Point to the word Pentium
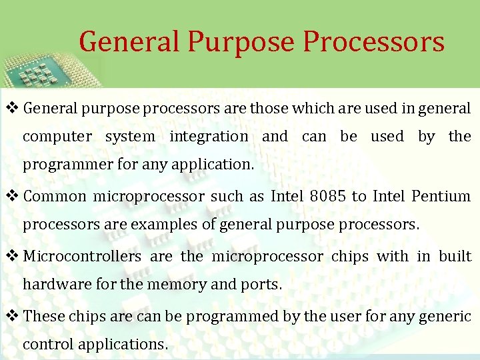[x=441, y=197]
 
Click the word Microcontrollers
[x=82, y=257]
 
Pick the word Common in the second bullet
[x=55, y=197]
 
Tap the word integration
[x=208, y=137]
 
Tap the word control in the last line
[x=48, y=345]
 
